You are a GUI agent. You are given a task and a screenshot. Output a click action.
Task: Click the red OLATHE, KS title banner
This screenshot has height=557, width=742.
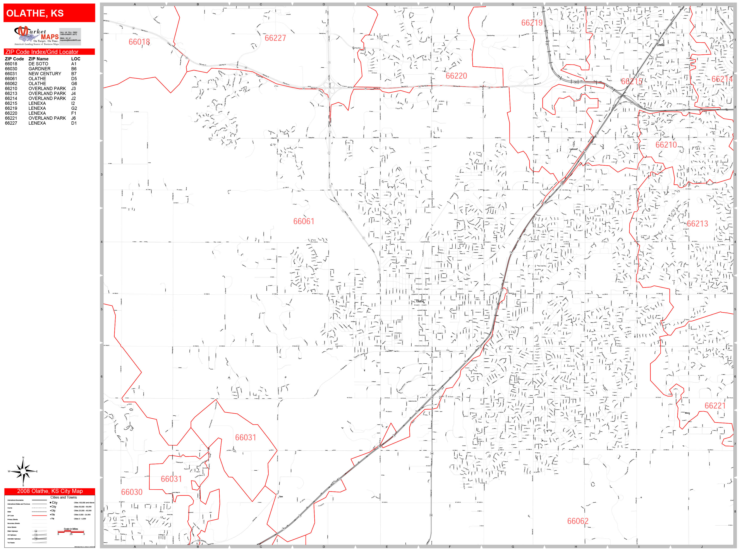tap(49, 13)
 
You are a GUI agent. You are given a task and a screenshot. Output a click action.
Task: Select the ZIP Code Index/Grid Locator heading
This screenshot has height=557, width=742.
tap(49, 52)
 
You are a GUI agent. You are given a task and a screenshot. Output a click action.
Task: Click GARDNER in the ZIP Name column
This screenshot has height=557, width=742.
tap(39, 69)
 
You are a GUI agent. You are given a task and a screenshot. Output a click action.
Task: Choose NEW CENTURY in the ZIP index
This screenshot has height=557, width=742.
tap(45, 73)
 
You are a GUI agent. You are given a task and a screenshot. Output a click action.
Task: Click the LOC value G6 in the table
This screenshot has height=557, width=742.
tap(74, 84)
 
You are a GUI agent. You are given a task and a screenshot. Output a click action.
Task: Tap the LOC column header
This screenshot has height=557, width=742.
tap(76, 59)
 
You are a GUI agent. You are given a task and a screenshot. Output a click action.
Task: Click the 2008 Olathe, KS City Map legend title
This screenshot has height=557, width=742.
tap(50, 491)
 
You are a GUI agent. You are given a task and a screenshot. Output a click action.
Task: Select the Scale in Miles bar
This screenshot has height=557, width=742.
tap(71, 531)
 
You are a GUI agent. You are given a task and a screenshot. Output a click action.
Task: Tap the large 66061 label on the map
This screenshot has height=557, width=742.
tap(304, 221)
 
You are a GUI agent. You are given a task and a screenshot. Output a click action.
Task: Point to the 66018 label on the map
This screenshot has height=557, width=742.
tap(139, 42)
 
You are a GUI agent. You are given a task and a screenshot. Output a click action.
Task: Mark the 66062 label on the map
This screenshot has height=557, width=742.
tap(578, 521)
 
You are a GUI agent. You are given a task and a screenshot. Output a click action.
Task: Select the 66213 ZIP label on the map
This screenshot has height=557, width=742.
tap(697, 224)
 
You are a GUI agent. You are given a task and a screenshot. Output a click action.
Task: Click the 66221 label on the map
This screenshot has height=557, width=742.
tap(715, 406)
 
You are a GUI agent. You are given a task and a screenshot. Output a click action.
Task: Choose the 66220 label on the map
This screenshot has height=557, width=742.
tap(456, 76)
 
